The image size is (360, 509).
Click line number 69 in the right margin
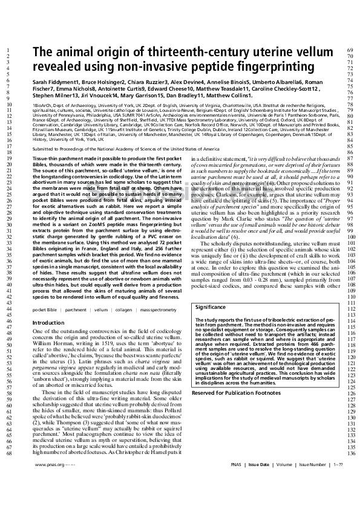point(349,49)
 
